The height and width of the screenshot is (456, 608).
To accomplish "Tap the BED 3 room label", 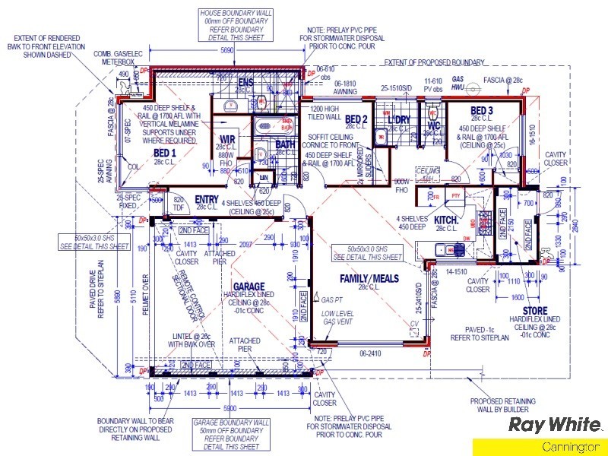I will pyautogui.click(x=481, y=111).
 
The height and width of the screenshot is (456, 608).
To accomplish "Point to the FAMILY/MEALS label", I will pyautogui.click(x=369, y=279).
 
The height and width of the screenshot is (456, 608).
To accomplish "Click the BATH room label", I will pyautogui.click(x=285, y=144).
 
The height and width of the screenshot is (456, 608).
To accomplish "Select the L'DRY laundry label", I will pyautogui.click(x=399, y=120).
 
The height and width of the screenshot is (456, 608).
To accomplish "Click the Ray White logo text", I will pyautogui.click(x=555, y=424).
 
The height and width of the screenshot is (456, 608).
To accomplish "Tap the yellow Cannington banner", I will pyautogui.click(x=540, y=448).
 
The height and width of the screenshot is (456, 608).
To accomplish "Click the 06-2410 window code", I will pyautogui.click(x=369, y=353).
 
